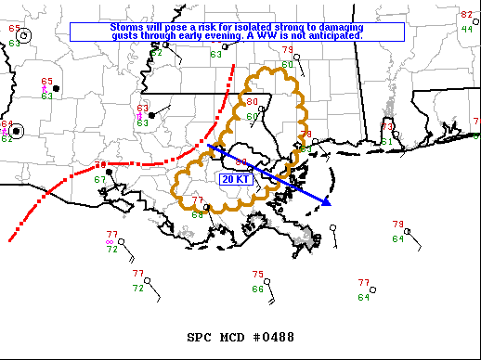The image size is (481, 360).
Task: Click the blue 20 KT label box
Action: point(237,179)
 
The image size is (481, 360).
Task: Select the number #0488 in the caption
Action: point(274,337)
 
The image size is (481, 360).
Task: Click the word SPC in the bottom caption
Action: point(201,337)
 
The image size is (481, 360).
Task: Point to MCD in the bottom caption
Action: point(233,337)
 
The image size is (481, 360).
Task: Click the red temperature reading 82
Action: point(466,14)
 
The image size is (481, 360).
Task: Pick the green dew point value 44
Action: point(466,28)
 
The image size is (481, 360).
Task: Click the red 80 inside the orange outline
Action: point(252,101)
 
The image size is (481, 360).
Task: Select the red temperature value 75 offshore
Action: point(257,274)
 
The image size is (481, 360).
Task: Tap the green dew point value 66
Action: point(257,289)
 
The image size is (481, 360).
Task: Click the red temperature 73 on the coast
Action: point(388,125)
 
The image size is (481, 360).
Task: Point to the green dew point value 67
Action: point(99,179)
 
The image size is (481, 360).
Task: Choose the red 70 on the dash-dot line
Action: point(100,165)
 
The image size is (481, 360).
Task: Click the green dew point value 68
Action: point(197,214)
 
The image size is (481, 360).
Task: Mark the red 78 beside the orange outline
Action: point(306,135)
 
